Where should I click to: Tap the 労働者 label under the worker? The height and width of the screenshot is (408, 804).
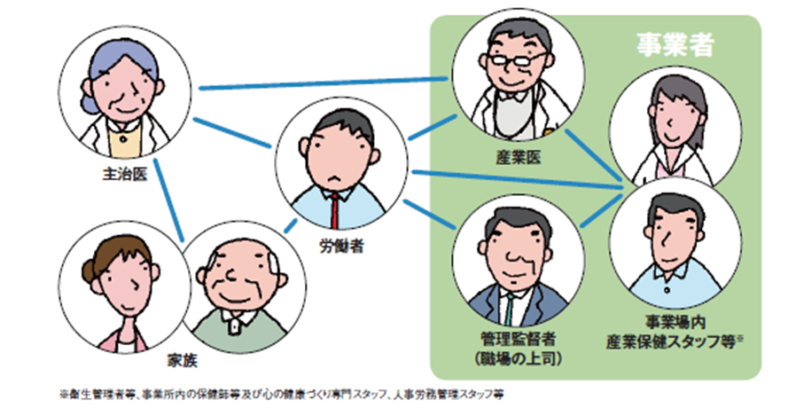(340, 247)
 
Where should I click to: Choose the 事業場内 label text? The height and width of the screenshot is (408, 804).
(675, 324)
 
